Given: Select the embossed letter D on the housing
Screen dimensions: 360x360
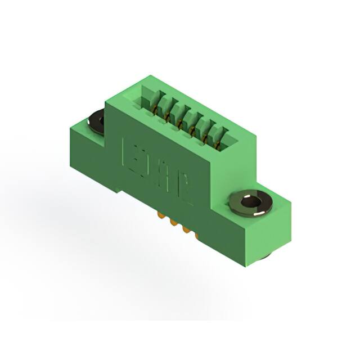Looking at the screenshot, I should (x=145, y=163).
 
